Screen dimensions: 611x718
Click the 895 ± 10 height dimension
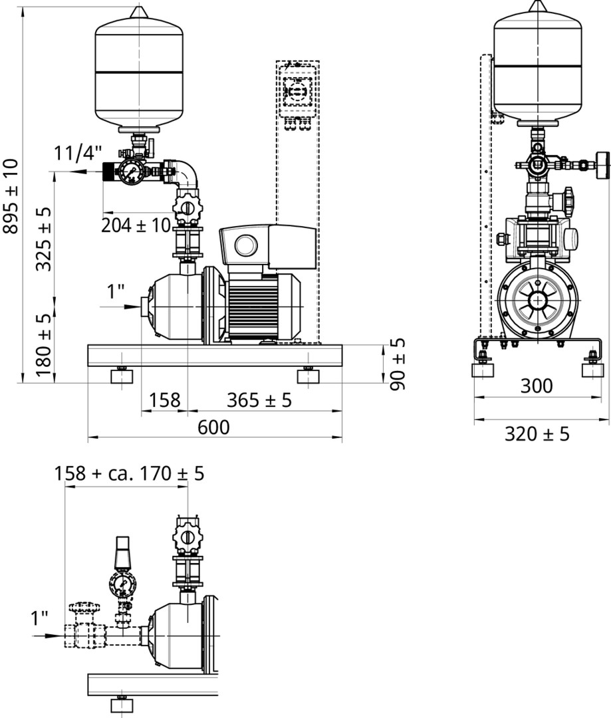point(11,196)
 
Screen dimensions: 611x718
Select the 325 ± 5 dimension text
point(44,239)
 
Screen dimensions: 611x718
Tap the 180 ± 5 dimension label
point(44,345)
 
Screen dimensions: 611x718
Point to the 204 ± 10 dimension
point(136,225)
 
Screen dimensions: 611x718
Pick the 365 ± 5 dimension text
point(259,400)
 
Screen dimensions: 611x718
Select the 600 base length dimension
point(213,427)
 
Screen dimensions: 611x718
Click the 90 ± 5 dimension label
point(398,364)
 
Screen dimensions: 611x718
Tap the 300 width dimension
point(537,386)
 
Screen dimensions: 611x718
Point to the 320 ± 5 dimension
point(537,433)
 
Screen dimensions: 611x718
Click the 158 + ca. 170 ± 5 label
point(129,473)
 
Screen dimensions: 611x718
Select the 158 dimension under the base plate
point(164,400)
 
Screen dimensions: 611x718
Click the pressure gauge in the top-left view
point(132,172)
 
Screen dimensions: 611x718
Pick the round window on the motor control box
point(247,245)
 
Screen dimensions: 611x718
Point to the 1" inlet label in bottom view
point(39,618)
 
